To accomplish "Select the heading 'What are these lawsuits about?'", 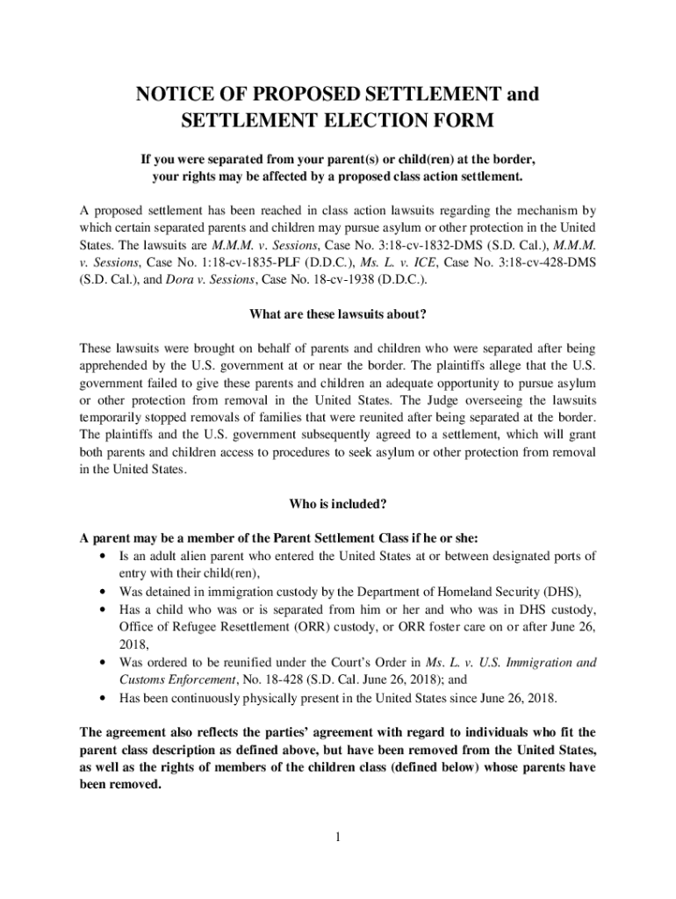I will [338, 315].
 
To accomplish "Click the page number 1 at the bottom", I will [337, 834].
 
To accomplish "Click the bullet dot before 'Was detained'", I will [106, 590].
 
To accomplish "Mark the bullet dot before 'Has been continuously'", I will [106, 698].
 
